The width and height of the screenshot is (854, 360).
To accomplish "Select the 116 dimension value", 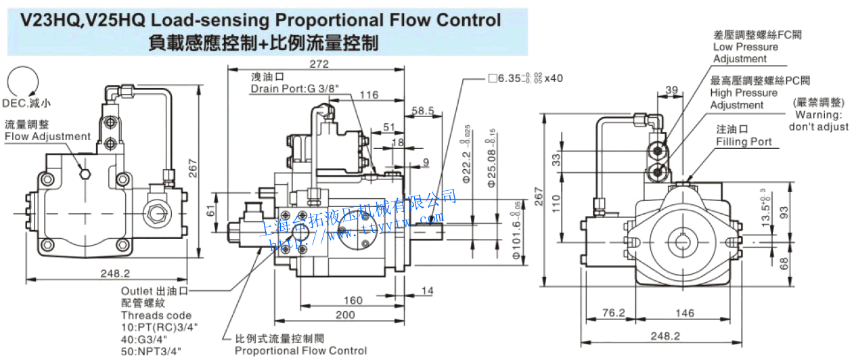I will (x=368, y=95).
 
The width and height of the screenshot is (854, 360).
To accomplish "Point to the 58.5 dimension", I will (x=422, y=110).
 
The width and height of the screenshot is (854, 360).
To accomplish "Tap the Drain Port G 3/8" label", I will (x=294, y=89).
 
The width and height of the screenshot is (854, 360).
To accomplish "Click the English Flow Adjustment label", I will (x=47, y=136).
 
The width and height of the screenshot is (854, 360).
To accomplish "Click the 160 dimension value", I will (x=353, y=300).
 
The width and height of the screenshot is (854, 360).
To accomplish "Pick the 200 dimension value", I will (x=345, y=315).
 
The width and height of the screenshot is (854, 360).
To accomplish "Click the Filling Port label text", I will (x=744, y=141).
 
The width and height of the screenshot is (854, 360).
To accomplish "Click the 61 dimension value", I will (x=210, y=212).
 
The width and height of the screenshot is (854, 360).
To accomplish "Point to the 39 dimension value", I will (x=671, y=90).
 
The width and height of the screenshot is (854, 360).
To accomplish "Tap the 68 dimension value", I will (x=784, y=263).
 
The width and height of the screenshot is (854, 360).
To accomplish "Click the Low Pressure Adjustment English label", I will (x=746, y=53).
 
